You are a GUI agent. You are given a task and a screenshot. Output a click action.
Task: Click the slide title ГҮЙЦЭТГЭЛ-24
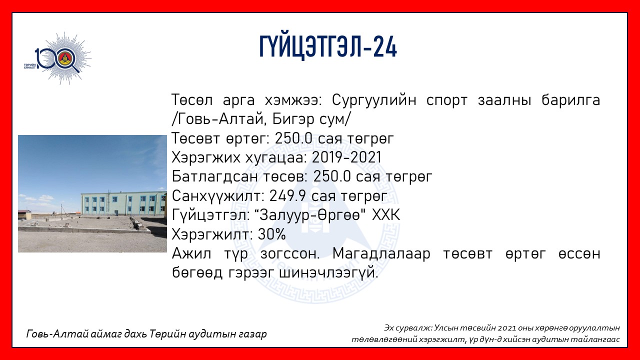(328, 47)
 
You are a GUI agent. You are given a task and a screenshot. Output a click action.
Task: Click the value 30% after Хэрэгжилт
(271, 234)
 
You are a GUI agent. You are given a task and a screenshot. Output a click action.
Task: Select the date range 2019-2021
(346, 157)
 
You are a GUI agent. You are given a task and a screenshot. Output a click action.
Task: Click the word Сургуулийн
(374, 100)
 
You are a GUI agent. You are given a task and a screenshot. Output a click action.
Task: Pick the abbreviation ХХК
(386, 215)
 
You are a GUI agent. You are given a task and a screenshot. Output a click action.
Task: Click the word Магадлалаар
(381, 254)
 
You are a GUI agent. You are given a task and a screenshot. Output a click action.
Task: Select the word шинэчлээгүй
(328, 273)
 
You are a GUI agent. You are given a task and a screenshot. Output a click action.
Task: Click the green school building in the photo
(123, 203)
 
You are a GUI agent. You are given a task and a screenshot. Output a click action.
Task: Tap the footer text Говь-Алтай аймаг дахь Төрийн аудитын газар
(146, 334)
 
